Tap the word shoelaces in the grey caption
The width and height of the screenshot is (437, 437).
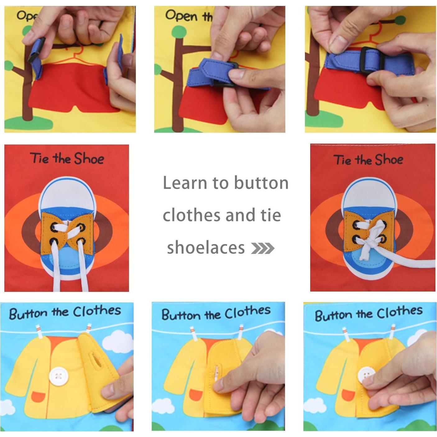tap(206, 248)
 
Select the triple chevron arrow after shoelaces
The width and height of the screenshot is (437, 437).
tap(263, 248)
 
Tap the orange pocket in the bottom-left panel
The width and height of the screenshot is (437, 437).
tap(38, 396)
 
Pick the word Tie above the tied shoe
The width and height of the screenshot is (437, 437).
tap(343, 160)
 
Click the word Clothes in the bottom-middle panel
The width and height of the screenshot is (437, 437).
tap(247, 313)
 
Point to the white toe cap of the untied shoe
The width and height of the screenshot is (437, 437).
tap(66, 194)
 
